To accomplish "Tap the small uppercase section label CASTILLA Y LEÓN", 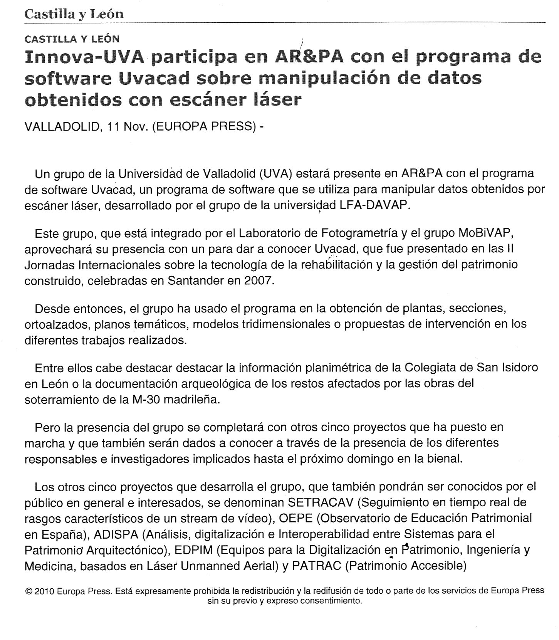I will pos(72,39).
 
